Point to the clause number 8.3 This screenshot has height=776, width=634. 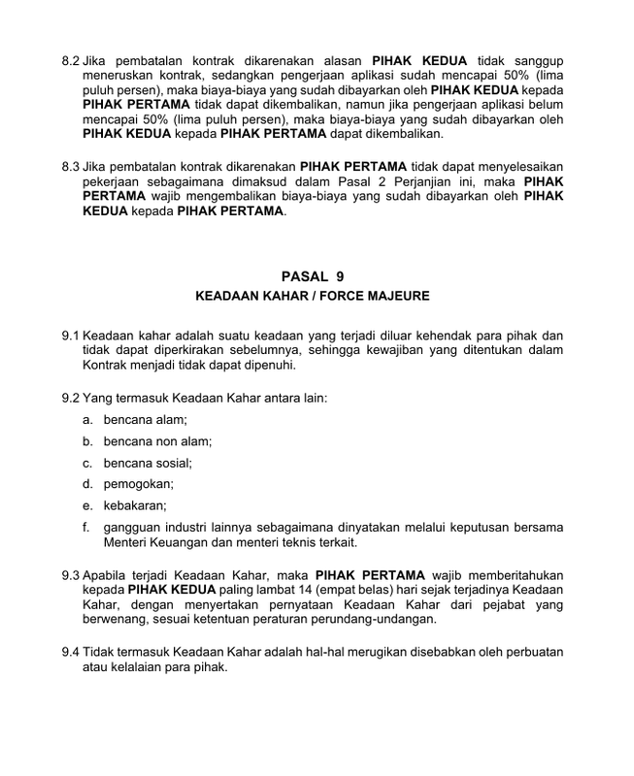coord(71,166)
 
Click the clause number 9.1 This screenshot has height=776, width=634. coord(71,338)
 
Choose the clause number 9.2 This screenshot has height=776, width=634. coord(71,399)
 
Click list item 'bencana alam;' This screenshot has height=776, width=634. coord(145,419)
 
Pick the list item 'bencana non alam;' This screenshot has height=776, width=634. coord(157,440)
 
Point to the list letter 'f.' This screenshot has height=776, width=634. coord(86,527)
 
